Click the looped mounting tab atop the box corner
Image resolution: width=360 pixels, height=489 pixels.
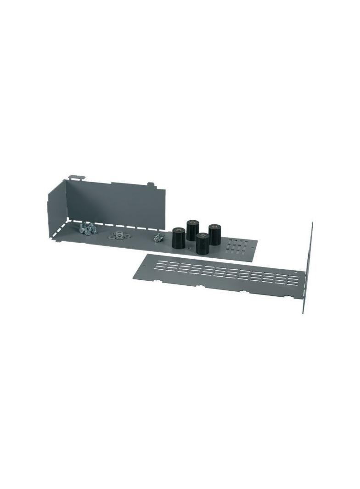(x=76, y=177)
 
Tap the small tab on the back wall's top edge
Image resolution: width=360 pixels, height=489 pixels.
(x=149, y=184)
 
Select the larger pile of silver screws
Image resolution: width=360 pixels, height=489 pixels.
(x=87, y=228)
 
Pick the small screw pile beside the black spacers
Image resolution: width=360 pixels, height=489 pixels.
(x=158, y=237)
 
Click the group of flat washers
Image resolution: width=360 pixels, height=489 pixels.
(x=119, y=236)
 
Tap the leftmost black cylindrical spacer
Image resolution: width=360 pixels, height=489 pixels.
(x=178, y=238)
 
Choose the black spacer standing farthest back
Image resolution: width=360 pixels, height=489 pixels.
(x=192, y=230)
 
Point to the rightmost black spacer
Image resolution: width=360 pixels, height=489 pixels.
(x=214, y=234)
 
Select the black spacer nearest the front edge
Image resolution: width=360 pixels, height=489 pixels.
(x=202, y=244)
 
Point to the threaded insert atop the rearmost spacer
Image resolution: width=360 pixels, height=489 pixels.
(x=192, y=222)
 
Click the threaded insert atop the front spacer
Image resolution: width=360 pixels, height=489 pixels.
(x=202, y=235)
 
